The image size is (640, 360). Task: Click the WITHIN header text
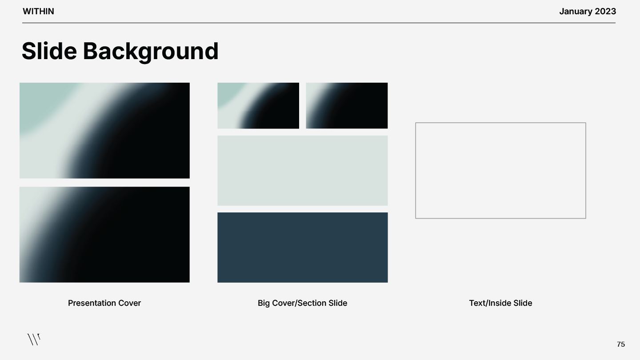[38, 12]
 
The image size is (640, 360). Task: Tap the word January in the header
[575, 12]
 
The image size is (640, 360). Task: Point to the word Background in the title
[151, 51]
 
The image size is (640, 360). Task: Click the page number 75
[621, 344]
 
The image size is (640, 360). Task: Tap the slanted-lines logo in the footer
[34, 340]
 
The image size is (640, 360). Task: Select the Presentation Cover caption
[104, 303]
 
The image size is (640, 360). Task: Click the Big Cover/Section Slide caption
[302, 303]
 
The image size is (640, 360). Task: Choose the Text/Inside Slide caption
[500, 303]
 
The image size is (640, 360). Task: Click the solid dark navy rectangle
[302, 247]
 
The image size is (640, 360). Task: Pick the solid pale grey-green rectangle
[302, 171]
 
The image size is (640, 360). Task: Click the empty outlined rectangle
[500, 171]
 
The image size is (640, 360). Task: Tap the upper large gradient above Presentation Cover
[104, 131]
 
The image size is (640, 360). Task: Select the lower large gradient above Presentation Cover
[104, 235]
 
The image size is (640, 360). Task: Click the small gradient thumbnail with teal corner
[258, 106]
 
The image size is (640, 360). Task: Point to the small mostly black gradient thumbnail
[347, 106]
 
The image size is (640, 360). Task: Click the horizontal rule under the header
[319, 23]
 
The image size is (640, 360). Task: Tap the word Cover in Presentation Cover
[129, 303]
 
